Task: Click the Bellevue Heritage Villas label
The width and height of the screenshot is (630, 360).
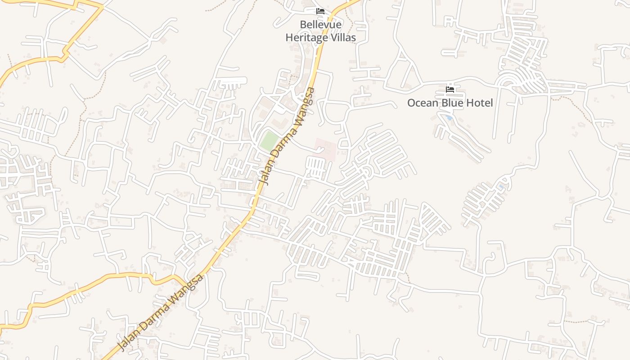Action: (x=320, y=31)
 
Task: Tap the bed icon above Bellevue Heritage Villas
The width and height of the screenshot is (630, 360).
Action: (x=320, y=11)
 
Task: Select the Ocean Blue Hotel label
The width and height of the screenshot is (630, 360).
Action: (x=450, y=103)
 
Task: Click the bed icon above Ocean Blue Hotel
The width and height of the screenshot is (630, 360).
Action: (x=450, y=90)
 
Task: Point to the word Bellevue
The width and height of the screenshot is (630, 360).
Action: (x=321, y=25)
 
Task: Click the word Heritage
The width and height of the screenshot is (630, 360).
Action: (x=306, y=38)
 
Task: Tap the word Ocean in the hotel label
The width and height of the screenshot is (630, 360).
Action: (x=422, y=103)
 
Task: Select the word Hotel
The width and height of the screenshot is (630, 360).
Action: (x=479, y=103)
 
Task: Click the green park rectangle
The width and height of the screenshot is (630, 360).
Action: (x=269, y=141)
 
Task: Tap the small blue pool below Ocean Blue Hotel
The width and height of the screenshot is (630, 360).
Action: (x=449, y=118)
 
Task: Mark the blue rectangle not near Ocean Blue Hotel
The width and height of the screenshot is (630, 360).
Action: (x=501, y=186)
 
